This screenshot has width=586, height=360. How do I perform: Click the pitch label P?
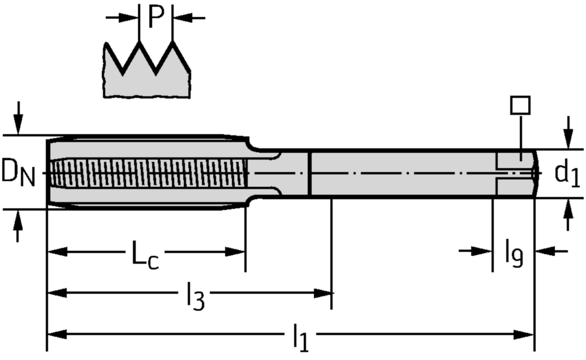click(156, 17)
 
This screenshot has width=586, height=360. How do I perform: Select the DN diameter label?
click(18, 173)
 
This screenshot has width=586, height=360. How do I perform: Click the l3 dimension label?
click(196, 296)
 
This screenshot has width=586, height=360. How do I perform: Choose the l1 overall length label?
click(301, 338)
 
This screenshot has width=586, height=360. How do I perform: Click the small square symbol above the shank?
click(520, 105)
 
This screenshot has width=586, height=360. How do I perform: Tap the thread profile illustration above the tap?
click(146, 69)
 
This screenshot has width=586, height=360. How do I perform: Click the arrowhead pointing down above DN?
click(18, 126)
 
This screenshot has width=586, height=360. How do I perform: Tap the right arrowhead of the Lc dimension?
click(235, 252)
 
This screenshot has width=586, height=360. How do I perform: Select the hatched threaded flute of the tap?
click(148, 173)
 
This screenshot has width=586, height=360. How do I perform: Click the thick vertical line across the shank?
click(310, 173)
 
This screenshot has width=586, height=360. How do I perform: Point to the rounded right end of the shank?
click(536, 173)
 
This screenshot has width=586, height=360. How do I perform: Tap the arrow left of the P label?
click(122, 17)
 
